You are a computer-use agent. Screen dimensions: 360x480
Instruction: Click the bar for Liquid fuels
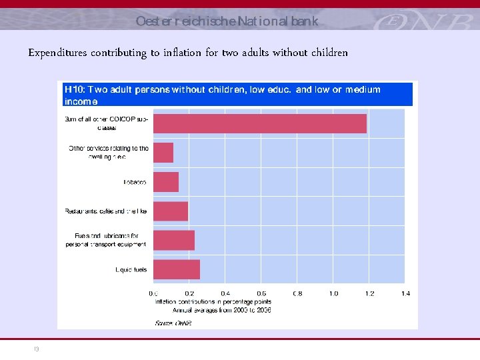(177, 269)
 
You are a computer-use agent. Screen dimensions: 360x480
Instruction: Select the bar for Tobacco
(166, 182)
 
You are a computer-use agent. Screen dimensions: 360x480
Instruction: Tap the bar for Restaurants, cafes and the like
(171, 211)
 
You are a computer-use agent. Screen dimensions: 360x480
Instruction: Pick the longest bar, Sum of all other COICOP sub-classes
(260, 123)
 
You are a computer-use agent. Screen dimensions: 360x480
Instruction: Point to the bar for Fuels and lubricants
(174, 240)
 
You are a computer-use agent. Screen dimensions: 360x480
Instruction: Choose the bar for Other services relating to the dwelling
(163, 153)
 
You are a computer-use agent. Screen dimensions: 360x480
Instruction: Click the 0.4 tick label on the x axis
(225, 293)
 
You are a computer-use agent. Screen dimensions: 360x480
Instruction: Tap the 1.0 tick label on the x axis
(333, 293)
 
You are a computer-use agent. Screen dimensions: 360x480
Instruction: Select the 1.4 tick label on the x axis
(405, 293)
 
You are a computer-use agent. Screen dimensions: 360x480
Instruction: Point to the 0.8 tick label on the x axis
(297, 293)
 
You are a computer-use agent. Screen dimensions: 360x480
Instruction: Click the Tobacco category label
(136, 182)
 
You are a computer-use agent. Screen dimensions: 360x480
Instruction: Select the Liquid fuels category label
(131, 270)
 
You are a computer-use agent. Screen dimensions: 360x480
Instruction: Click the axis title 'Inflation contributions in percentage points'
(213, 302)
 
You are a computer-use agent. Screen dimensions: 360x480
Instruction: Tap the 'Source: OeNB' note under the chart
(173, 323)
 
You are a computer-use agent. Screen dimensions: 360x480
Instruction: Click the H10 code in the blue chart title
(73, 89)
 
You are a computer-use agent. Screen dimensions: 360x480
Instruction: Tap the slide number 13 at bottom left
(37, 348)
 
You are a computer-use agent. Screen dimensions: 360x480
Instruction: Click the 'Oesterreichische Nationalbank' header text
(227, 21)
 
